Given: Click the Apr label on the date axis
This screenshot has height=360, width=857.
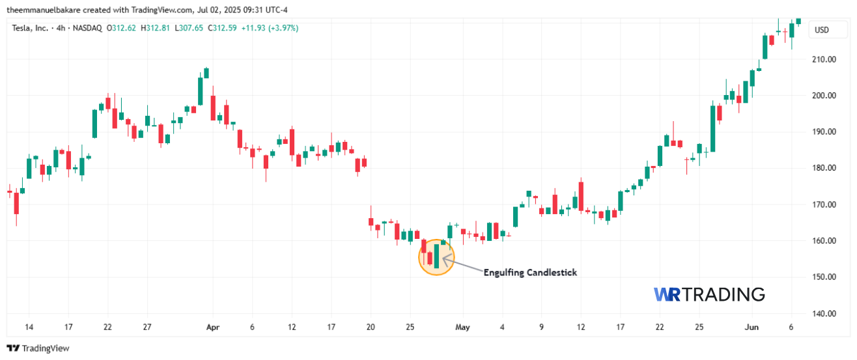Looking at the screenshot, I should pyautogui.click(x=212, y=327).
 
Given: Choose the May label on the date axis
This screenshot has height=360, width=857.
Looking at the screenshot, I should pyautogui.click(x=462, y=327).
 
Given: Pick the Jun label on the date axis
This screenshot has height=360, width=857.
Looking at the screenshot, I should pyautogui.click(x=752, y=327).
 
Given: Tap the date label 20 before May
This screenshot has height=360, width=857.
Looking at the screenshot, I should pyautogui.click(x=371, y=327).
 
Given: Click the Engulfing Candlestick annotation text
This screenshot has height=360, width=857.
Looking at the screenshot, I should pyautogui.click(x=530, y=273).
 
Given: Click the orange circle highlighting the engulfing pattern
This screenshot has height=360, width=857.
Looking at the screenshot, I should pyautogui.click(x=436, y=256).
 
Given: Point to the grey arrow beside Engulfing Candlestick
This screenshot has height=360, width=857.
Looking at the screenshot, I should pyautogui.click(x=462, y=264).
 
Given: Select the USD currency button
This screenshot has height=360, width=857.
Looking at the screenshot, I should pyautogui.click(x=822, y=30).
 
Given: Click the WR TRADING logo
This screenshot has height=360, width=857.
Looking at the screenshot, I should pyautogui.click(x=709, y=294).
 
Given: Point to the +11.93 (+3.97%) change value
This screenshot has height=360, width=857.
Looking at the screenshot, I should pyautogui.click(x=270, y=28).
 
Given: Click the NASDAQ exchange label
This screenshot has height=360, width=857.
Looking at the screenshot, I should pyautogui.click(x=89, y=28).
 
